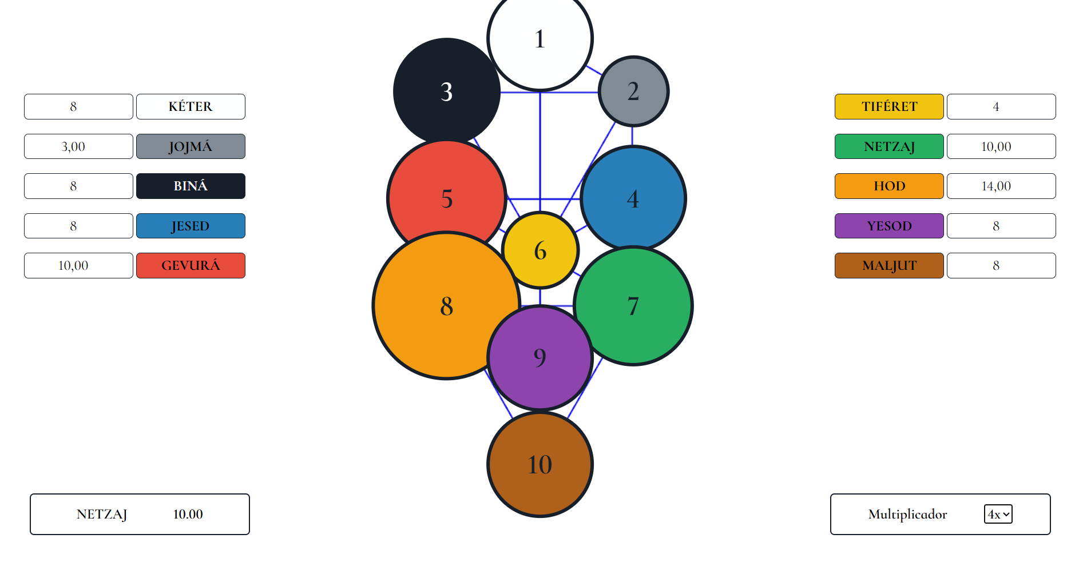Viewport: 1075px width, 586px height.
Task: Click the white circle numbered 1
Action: [540, 39]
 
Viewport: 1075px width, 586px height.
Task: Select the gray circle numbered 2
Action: [633, 91]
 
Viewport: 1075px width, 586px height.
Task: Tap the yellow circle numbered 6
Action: [540, 250]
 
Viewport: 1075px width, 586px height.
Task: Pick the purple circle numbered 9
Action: [540, 358]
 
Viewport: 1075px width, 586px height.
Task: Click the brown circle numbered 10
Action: [540, 464]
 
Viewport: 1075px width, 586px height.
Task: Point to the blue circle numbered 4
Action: [633, 199]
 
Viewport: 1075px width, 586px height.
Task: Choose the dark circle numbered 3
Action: [447, 91]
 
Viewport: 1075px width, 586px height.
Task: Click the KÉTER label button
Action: [191, 106]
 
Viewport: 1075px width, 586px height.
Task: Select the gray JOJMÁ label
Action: [191, 146]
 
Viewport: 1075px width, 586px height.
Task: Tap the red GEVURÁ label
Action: [191, 265]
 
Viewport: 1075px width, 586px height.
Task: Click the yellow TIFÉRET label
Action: [889, 106]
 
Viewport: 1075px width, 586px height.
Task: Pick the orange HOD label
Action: [889, 186]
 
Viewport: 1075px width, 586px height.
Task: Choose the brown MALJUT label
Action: [889, 265]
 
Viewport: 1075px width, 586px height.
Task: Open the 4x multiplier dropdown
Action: [998, 514]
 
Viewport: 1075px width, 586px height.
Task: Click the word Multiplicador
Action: [907, 514]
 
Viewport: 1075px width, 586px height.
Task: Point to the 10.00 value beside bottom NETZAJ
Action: [188, 514]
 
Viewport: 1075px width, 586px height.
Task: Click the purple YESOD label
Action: [889, 226]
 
